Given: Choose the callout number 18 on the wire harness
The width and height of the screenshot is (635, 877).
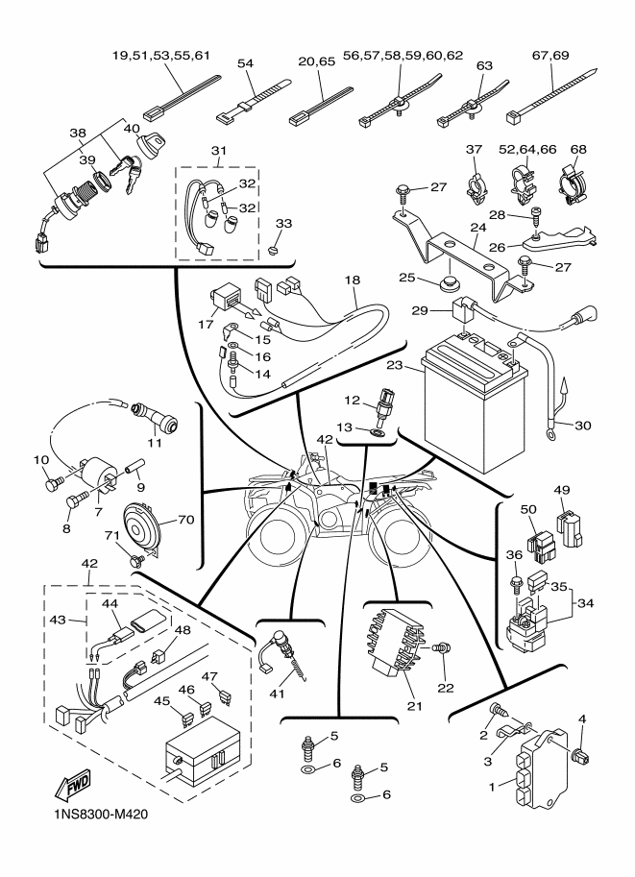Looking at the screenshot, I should coord(354,280).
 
